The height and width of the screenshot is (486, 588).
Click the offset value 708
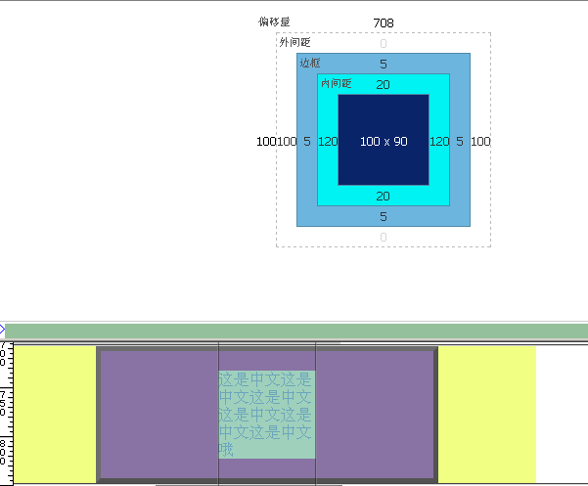tap(384, 22)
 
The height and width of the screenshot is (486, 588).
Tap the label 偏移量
tap(274, 22)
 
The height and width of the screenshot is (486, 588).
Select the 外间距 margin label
tap(294, 42)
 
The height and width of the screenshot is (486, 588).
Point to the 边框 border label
tap(309, 63)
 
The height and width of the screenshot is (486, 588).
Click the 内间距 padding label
tap(336, 83)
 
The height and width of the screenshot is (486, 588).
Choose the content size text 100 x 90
tap(384, 142)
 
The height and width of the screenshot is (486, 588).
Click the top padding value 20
tap(384, 85)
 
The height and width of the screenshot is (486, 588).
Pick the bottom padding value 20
tap(384, 197)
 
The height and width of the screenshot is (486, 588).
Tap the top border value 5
tap(384, 65)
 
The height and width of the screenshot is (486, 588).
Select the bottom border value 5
tap(384, 217)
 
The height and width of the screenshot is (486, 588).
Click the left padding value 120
tap(328, 142)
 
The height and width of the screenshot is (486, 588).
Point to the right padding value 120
tap(439, 142)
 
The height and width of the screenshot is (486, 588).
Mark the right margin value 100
tap(480, 142)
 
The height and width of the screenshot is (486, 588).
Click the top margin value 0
tap(384, 44)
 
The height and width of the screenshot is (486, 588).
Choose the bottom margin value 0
tap(384, 238)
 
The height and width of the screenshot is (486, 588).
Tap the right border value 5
tap(460, 142)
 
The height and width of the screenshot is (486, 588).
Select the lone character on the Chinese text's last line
tap(227, 450)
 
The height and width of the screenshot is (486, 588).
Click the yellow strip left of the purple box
tap(57, 414)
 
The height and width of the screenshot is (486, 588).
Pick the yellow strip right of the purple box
tap(486, 414)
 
